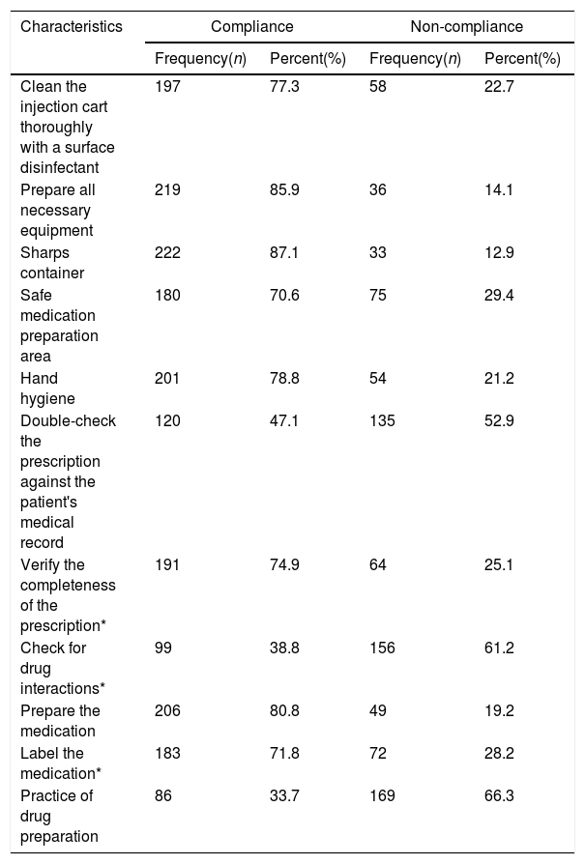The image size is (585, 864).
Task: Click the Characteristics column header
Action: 72,26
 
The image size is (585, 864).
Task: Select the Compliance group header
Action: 252,26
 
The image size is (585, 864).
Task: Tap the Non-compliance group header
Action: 466,26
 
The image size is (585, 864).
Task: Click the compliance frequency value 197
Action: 167,87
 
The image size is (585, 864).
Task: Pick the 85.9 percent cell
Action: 284,190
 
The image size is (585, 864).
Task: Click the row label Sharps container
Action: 52,263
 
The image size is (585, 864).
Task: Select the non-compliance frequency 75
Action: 378,296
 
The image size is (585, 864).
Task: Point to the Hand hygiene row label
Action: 47,389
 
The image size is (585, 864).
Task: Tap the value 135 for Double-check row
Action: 382,421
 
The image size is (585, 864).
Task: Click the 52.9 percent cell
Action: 499,421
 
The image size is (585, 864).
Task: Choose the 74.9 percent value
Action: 284,565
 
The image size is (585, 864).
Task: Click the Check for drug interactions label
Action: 62,669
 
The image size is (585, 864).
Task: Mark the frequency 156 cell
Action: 382,648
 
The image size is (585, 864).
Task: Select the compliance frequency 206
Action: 167,710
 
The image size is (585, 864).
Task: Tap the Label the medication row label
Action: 61,763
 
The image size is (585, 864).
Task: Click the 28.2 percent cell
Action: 499,753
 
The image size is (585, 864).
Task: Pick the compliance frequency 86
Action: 163,795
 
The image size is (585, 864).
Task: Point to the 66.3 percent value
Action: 499,795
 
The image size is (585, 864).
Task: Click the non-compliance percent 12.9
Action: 499,253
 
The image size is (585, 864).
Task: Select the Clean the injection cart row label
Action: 68,128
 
